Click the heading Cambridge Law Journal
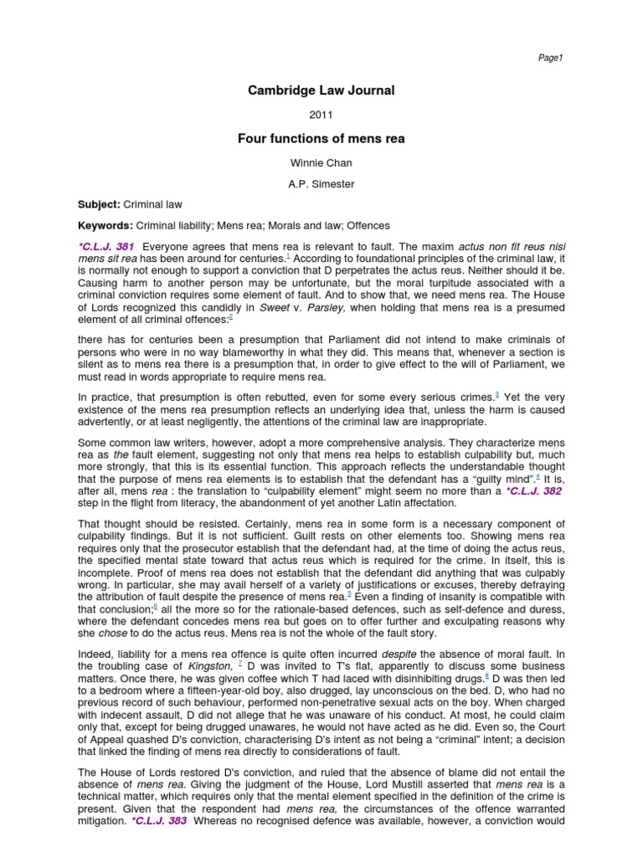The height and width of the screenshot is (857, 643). [x=321, y=90]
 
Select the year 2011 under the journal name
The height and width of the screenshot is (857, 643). [x=321, y=115]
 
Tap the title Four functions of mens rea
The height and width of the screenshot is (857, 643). [x=321, y=139]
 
